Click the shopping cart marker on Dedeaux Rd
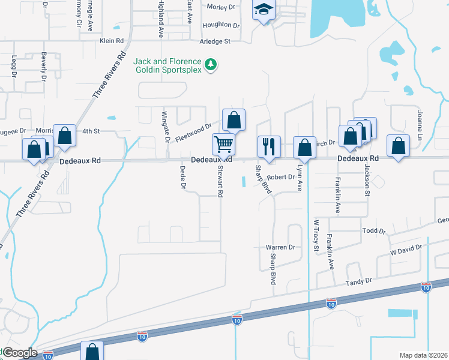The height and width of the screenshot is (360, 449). click(x=223, y=144)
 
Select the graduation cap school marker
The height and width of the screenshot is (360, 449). click(x=262, y=10)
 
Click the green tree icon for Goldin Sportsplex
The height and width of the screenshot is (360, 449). click(x=211, y=64)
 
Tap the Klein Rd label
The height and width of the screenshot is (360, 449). click(x=111, y=41)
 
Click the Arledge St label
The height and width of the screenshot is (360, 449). click(x=215, y=41)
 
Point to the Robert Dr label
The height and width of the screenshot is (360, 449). click(x=282, y=177)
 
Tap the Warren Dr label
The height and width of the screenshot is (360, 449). click(x=281, y=247)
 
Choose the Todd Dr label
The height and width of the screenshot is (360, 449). click(x=373, y=231)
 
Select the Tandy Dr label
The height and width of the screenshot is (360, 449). click(x=359, y=281)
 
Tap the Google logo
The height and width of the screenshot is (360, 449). click(x=19, y=353)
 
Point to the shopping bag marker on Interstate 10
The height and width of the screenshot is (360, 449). click(x=92, y=351)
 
